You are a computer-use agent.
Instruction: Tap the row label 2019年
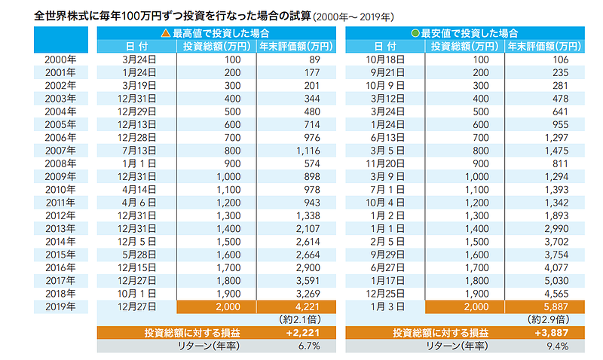point(61,306)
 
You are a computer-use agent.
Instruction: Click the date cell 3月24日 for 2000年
point(137,59)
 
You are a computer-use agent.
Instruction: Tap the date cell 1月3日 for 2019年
point(384,306)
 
